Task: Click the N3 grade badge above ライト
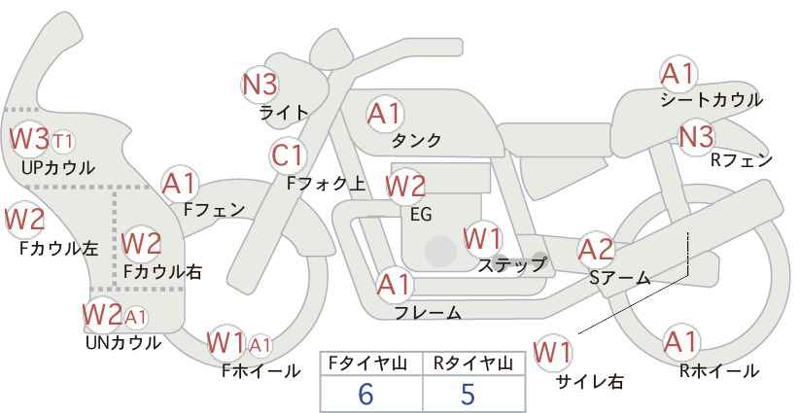pyautogui.click(x=261, y=85)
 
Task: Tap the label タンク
pyautogui.click(x=416, y=140)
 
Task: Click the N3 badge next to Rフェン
pyautogui.click(x=696, y=136)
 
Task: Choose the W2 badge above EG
pyautogui.click(x=406, y=186)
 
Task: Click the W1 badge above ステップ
pyautogui.click(x=482, y=237)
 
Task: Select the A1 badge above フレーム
pyautogui.click(x=394, y=286)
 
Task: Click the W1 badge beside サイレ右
pyautogui.click(x=554, y=351)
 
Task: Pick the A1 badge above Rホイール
pyautogui.click(x=680, y=343)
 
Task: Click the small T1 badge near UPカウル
pyautogui.click(x=62, y=142)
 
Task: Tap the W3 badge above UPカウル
pyautogui.click(x=29, y=139)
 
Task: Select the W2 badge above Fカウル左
pyautogui.click(x=25, y=221)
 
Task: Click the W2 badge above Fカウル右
pyautogui.click(x=142, y=242)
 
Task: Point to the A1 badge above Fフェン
pyautogui.click(x=180, y=183)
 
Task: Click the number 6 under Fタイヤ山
pyautogui.click(x=365, y=394)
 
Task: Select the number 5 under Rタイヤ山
pyautogui.click(x=469, y=394)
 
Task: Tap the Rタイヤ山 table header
pyautogui.click(x=473, y=362)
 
